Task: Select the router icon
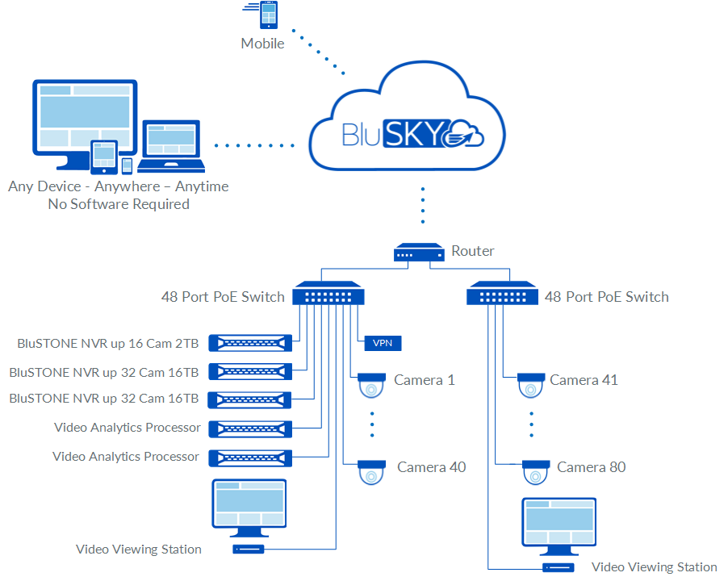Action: tap(419, 253)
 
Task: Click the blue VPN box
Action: tap(383, 343)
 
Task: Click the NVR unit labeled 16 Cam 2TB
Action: tap(250, 343)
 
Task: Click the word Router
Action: tap(473, 251)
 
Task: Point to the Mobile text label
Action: tap(262, 44)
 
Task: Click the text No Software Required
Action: tap(119, 204)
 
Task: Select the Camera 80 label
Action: tap(591, 467)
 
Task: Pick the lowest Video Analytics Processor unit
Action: tap(250, 458)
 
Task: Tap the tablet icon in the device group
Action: tap(103, 156)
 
